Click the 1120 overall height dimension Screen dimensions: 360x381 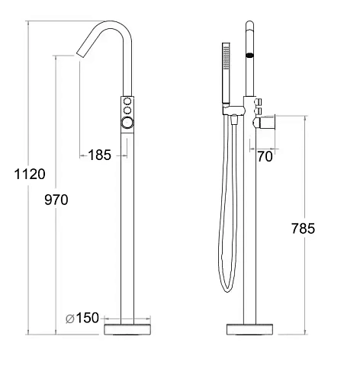(x=30, y=174)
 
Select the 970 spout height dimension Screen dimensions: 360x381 (x=56, y=200)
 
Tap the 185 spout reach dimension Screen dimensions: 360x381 (x=100, y=155)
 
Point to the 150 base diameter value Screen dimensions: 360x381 (x=88, y=318)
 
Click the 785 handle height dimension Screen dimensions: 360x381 (x=303, y=228)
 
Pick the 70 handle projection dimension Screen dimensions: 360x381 (x=265, y=156)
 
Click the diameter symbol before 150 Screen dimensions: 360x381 (x=69, y=319)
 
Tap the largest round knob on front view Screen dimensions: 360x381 (x=127, y=123)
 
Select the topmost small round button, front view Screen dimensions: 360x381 (x=127, y=101)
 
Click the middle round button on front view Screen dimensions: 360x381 (x=127, y=110)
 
